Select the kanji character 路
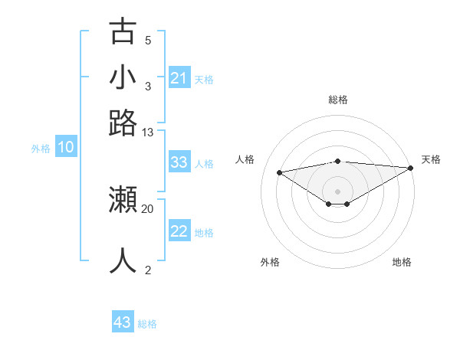tap(123, 123)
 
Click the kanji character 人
tap(123, 260)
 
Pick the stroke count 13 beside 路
tap(148, 133)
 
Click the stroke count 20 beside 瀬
tap(148, 208)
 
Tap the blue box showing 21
tap(179, 78)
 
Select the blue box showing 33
tap(179, 162)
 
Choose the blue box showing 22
tap(179, 231)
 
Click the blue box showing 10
tap(66, 148)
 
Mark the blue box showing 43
tap(123, 322)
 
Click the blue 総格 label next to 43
tap(147, 324)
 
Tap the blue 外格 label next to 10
tap(41, 149)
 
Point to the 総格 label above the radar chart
tap(337, 100)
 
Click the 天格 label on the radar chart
tap(431, 159)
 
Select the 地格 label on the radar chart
tap(402, 262)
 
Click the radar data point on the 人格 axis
tap(280, 172)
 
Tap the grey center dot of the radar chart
tap(337, 190)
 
